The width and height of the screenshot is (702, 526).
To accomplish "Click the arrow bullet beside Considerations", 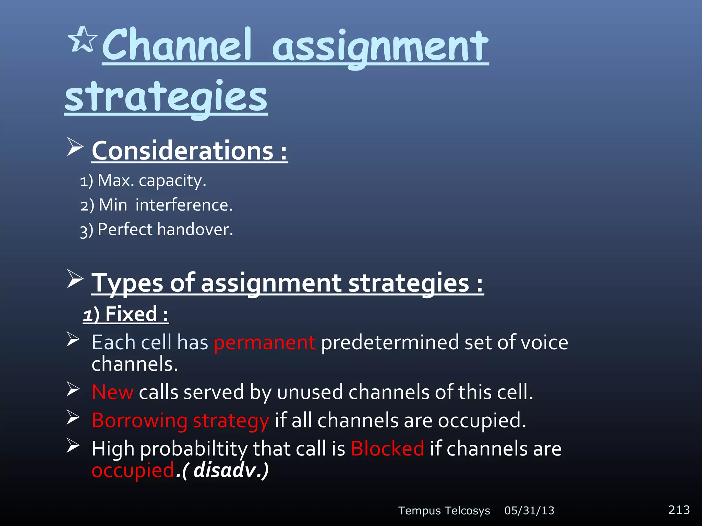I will click(x=75, y=147).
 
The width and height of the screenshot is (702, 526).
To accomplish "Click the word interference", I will click(x=184, y=205).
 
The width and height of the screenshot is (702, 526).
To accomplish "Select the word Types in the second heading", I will click(x=127, y=283).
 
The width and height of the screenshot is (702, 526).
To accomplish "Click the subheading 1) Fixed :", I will click(x=126, y=314).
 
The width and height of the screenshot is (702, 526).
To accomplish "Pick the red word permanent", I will click(x=264, y=342).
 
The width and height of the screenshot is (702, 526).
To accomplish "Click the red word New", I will click(x=112, y=392).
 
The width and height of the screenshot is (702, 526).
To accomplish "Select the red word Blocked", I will click(x=387, y=449).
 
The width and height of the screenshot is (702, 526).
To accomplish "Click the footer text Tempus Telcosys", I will click(x=444, y=511).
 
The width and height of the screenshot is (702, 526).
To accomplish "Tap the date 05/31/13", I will click(x=529, y=511).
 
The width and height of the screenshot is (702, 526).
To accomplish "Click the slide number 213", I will click(x=679, y=510).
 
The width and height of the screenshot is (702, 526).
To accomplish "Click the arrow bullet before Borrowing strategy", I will click(x=73, y=417).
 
